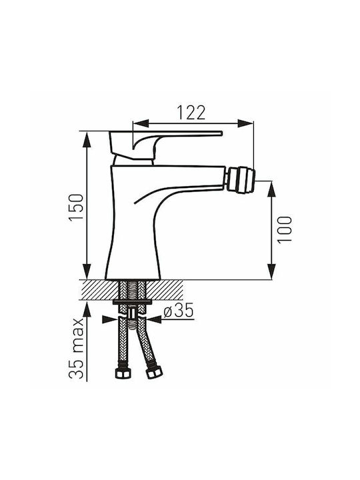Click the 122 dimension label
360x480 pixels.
click(x=191, y=113)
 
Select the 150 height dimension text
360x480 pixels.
click(x=76, y=207)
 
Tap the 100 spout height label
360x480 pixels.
click(x=285, y=229)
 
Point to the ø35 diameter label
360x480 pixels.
click(x=179, y=311)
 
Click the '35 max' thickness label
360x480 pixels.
click(x=76, y=349)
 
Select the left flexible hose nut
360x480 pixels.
click(x=123, y=373)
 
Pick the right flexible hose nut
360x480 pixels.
click(x=155, y=373)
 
